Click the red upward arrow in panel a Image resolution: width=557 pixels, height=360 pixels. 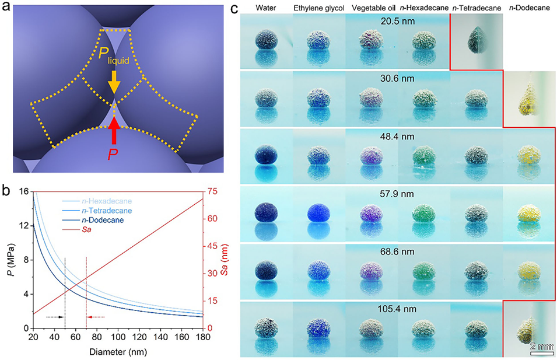pyautogui.click(x=115, y=130)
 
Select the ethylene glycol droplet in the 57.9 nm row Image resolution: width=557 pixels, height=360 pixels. pyautogui.click(x=318, y=211)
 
